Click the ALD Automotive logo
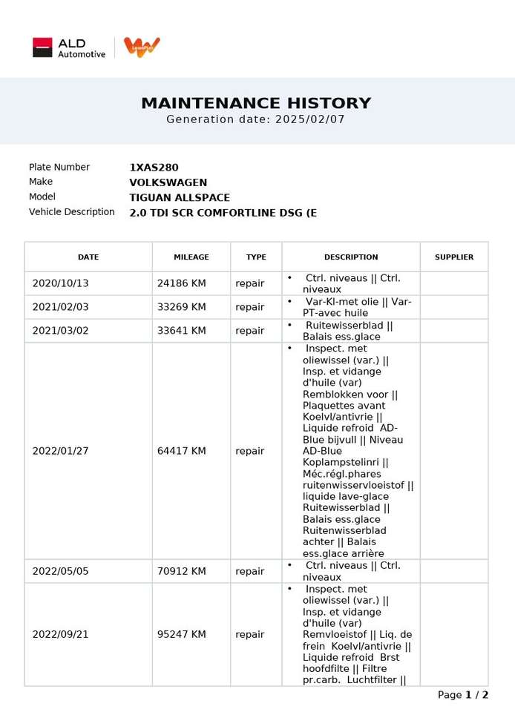pyautogui.click(x=68, y=47)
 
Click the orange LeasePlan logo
pyautogui.click(x=142, y=47)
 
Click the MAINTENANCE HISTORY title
pyautogui.click(x=256, y=104)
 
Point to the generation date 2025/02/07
pyautogui.click(x=309, y=119)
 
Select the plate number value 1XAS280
pyautogui.click(x=154, y=168)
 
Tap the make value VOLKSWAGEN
pyautogui.click(x=168, y=182)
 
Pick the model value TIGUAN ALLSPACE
pyautogui.click(x=180, y=197)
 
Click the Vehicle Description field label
pyautogui.click(x=72, y=212)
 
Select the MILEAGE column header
pyautogui.click(x=191, y=257)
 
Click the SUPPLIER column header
pyautogui.click(x=454, y=257)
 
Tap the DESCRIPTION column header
pyautogui.click(x=351, y=257)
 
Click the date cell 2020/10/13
pyautogui.click(x=60, y=283)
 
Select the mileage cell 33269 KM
pyautogui.click(x=182, y=307)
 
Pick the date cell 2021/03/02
pyautogui.click(x=60, y=331)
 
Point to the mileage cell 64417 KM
pyautogui.click(x=182, y=451)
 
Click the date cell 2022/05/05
pyautogui.click(x=60, y=571)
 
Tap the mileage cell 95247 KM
pyautogui.click(x=182, y=634)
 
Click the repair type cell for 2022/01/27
pyautogui.click(x=250, y=451)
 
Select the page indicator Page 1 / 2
pyautogui.click(x=463, y=695)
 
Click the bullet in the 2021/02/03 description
pyautogui.click(x=289, y=301)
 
